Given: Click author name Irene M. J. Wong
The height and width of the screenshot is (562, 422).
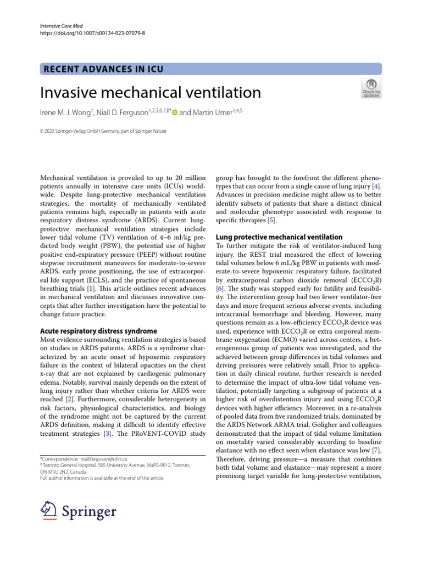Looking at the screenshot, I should (66, 113).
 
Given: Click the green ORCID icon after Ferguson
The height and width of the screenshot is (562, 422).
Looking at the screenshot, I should (174, 113).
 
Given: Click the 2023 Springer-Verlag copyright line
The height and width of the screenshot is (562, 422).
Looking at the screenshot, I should (104, 131).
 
